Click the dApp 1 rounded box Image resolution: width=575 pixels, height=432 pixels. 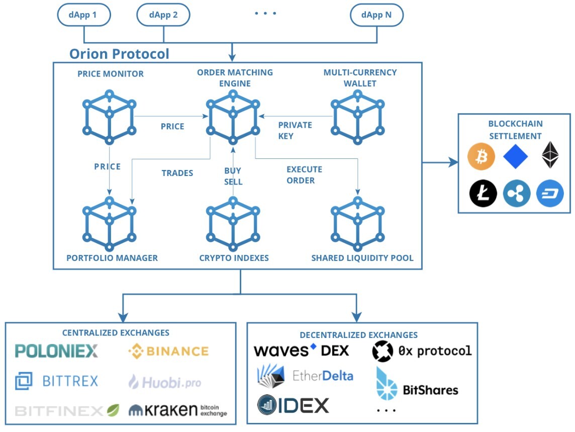[83, 15]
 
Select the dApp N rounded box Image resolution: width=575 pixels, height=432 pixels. [376, 15]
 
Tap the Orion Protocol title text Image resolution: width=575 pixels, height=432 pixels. [119, 54]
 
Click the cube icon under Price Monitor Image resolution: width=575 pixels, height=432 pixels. [109, 115]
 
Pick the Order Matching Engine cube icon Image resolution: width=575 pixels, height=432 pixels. [233, 115]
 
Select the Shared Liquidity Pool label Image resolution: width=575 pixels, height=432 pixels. [362, 258]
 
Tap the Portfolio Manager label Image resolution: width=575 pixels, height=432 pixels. [112, 258]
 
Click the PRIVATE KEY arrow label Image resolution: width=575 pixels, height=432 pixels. [295, 130]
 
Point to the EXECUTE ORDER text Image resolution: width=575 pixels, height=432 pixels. [304, 175]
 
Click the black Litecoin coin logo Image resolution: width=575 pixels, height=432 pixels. [483, 194]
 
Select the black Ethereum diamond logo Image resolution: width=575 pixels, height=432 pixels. [550, 156]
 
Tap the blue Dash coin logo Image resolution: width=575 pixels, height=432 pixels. [550, 194]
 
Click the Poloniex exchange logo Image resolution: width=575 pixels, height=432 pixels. [57, 351]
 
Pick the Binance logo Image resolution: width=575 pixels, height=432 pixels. [168, 351]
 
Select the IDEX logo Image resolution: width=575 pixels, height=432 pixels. [294, 405]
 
